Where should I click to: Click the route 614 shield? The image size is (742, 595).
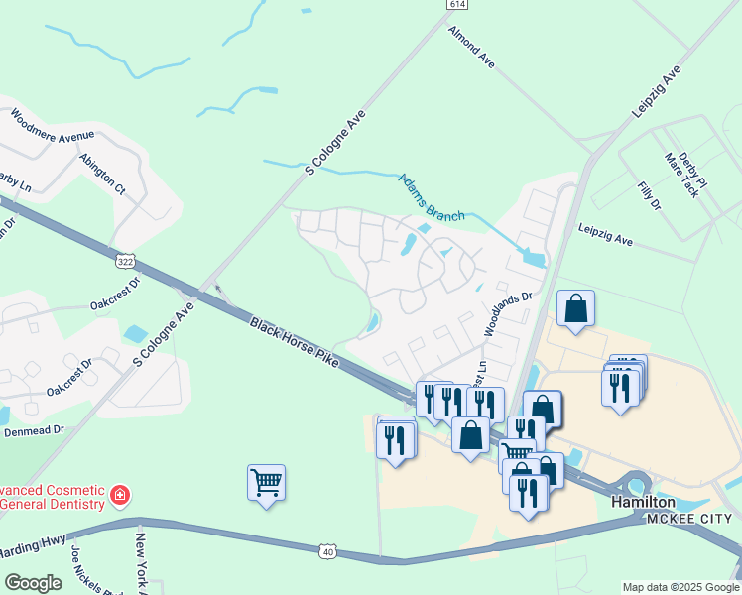[x=456, y=5]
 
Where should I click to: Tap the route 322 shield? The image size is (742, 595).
[x=125, y=261]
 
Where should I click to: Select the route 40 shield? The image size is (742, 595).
[x=329, y=551]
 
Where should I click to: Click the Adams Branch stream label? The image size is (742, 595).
[x=432, y=197]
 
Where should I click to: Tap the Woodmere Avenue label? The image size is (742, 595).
[x=53, y=128]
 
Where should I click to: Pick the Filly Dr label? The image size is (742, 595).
[x=649, y=195]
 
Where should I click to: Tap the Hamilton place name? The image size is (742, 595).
[x=643, y=503]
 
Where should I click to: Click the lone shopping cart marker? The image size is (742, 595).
[x=266, y=483]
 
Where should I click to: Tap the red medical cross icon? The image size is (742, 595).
[x=119, y=494]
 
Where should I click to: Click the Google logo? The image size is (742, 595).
[x=33, y=583]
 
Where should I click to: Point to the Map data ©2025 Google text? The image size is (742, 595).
[x=680, y=587]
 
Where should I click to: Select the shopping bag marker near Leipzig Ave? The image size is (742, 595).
[x=575, y=309]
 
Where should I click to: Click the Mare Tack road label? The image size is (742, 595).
[x=682, y=174]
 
